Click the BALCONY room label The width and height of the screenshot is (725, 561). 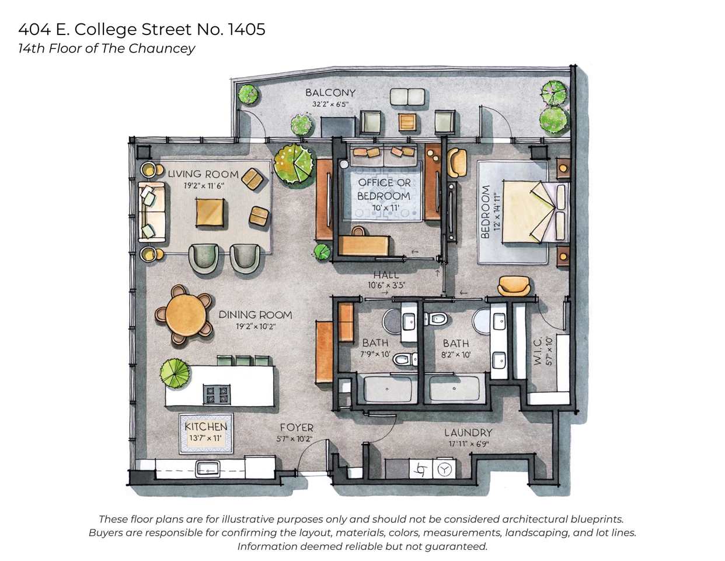click(330, 92)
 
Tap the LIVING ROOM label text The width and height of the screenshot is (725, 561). click(203, 174)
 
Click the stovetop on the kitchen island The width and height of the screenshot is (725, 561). click(217, 394)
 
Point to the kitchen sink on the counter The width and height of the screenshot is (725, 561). click(207, 468)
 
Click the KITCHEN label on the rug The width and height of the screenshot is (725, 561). click(205, 427)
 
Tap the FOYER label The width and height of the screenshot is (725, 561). click(296, 428)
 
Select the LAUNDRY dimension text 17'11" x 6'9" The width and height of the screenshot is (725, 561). click(468, 444)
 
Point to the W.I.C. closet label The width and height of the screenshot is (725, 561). click(538, 351)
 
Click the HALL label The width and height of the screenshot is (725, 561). click(386, 275)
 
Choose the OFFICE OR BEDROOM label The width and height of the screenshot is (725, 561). click(384, 189)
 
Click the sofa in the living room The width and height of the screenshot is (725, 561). click(151, 212)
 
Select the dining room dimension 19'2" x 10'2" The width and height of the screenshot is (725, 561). click(255, 327)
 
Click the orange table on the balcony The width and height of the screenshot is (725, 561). click(407, 122)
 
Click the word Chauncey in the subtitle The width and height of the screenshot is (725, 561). click(162, 49)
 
